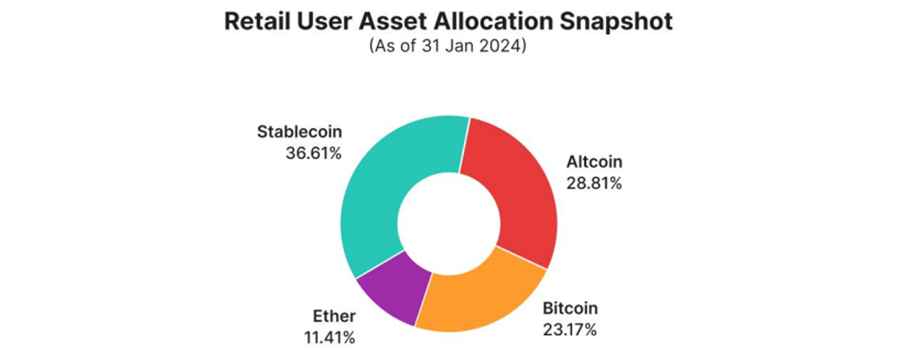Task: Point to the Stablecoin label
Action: click(x=300, y=132)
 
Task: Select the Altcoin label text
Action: click(x=594, y=163)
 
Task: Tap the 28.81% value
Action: click(x=594, y=183)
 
